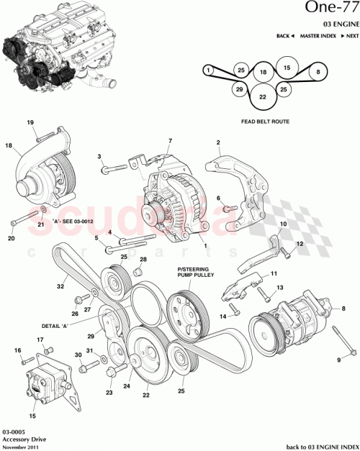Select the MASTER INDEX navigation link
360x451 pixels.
coord(320,35)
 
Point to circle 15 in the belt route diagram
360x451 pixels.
coord(286,68)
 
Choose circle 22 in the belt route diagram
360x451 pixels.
coord(264,97)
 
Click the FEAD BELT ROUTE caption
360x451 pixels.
coord(265,122)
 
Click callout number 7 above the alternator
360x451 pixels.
coord(170,141)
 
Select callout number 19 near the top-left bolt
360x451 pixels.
coord(31,123)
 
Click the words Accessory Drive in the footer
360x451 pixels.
coord(22,439)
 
